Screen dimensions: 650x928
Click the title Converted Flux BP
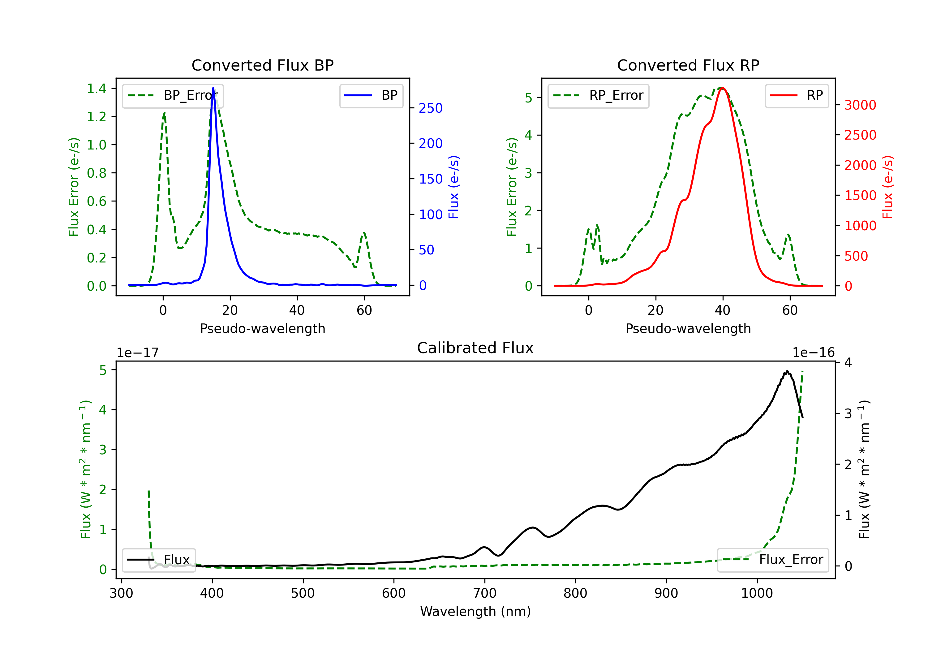(262, 65)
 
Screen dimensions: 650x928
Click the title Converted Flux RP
(688, 65)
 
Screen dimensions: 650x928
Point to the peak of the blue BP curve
(213, 88)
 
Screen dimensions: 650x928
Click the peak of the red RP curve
(723, 88)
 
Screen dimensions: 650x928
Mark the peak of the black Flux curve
(787, 371)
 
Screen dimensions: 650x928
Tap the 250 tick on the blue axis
(431, 108)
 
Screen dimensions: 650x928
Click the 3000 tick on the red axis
(860, 105)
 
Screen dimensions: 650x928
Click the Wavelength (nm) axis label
(475, 611)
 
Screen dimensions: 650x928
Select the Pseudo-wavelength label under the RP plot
(688, 328)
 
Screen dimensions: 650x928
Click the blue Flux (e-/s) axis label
(454, 187)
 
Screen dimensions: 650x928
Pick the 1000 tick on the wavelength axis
(757, 593)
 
